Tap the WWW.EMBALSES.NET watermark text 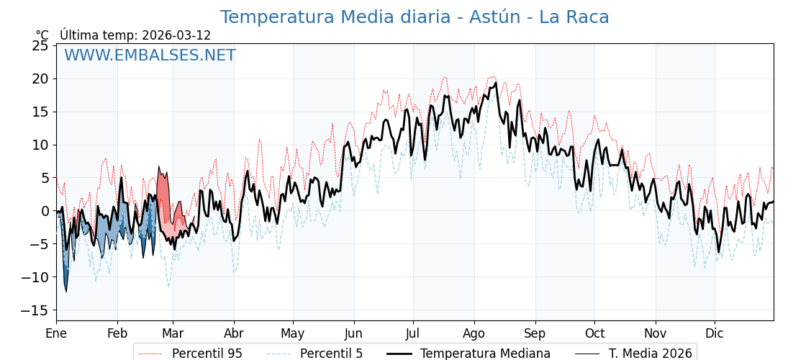point(150,55)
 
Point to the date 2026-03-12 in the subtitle point(176,35)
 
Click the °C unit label point(42,35)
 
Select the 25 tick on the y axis point(40,45)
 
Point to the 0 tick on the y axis point(45,211)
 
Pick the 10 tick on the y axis point(40,145)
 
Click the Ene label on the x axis point(56,333)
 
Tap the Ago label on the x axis point(474,333)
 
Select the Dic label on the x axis point(715,333)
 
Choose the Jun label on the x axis point(353,333)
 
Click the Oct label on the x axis point(594,333)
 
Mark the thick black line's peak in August point(496,84)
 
